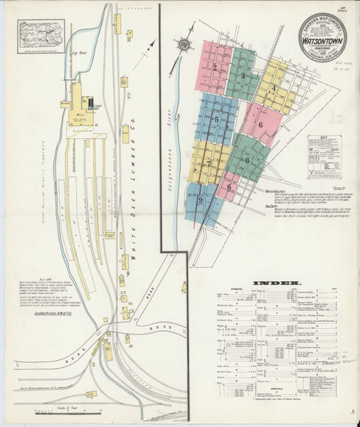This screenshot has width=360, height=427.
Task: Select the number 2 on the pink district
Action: coord(213,68)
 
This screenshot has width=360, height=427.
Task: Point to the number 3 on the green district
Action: coord(243,75)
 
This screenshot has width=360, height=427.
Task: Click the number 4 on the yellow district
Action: coord(274,89)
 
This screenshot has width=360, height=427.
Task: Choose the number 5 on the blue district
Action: coord(216,120)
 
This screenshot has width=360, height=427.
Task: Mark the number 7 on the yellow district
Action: coord(208,163)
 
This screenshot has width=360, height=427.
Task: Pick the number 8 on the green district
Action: coord(246,160)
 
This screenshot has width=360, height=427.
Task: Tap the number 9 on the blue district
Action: coord(201,200)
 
